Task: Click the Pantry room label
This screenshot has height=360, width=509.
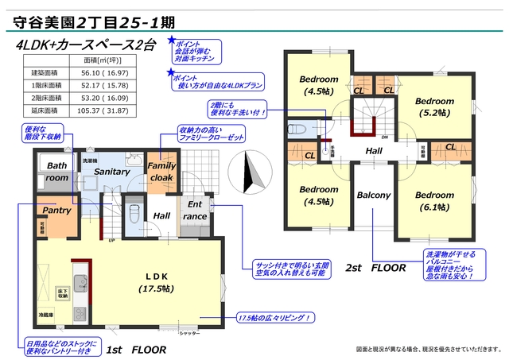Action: coord(56,211)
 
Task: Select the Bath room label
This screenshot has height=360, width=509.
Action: coord(56,172)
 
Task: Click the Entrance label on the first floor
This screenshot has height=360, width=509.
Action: coord(195,211)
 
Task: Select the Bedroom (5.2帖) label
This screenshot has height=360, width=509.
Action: coord(434,107)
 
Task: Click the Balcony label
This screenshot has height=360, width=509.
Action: coord(372,195)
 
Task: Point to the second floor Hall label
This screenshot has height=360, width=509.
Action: coord(374,150)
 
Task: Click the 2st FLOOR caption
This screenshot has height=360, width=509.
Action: coord(375,269)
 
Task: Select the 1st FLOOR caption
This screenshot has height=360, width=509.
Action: coord(136,350)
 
